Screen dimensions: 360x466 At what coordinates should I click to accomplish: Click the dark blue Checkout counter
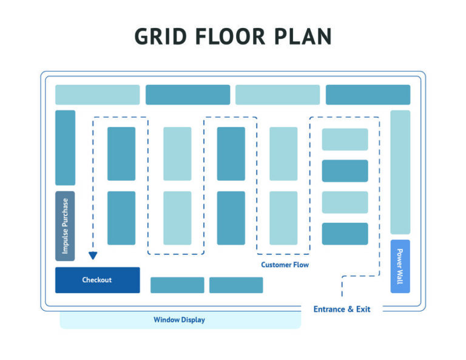[x=97, y=280]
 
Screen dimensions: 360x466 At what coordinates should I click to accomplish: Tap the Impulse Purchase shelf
[x=65, y=226]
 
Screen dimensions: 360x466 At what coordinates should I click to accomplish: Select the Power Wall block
[x=400, y=266]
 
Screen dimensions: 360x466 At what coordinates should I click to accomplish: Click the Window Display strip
[x=180, y=320]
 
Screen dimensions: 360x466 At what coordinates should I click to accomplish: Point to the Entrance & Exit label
[x=342, y=309]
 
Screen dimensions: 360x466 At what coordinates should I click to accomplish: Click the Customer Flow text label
[x=285, y=265]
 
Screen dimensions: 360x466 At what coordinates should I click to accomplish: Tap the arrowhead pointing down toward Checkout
[x=93, y=256]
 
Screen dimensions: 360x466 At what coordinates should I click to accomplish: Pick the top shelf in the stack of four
[x=345, y=139]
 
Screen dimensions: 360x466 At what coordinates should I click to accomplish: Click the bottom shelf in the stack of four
[x=345, y=234]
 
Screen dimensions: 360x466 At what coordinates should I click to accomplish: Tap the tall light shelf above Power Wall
[x=400, y=172]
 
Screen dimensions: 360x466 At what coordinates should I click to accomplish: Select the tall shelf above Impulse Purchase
[x=65, y=148]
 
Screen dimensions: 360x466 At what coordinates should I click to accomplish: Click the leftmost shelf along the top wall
[x=97, y=95]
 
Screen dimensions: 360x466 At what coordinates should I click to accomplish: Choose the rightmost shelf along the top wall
[x=368, y=95]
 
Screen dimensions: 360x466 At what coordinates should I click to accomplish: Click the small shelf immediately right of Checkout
[x=177, y=285]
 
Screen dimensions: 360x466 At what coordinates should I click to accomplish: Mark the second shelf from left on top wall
[x=187, y=95]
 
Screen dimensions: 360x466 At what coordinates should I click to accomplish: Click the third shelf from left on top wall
[x=277, y=95]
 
